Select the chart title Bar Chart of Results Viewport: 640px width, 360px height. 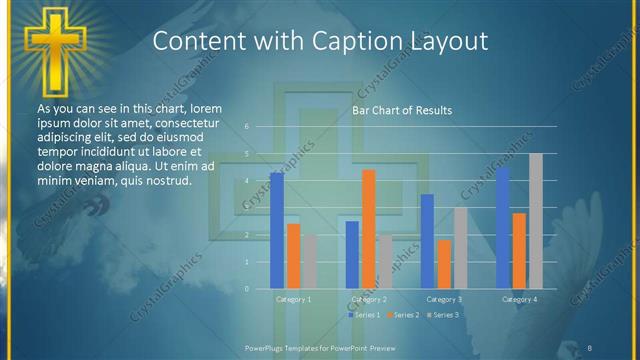(x=401, y=110)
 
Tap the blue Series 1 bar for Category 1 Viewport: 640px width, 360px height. (x=277, y=230)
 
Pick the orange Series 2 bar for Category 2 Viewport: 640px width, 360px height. (x=369, y=229)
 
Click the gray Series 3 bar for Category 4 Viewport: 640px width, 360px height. (x=536, y=221)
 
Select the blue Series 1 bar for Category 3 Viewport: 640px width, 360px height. (x=427, y=241)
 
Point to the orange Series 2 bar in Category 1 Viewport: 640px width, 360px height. (x=293, y=256)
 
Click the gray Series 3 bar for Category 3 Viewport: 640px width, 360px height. (x=460, y=248)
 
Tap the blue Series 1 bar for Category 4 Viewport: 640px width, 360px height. (x=503, y=227)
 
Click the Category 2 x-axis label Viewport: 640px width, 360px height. (x=369, y=299)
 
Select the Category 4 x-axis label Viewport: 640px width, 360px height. (x=519, y=299)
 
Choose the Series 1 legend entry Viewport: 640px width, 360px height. (x=364, y=315)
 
